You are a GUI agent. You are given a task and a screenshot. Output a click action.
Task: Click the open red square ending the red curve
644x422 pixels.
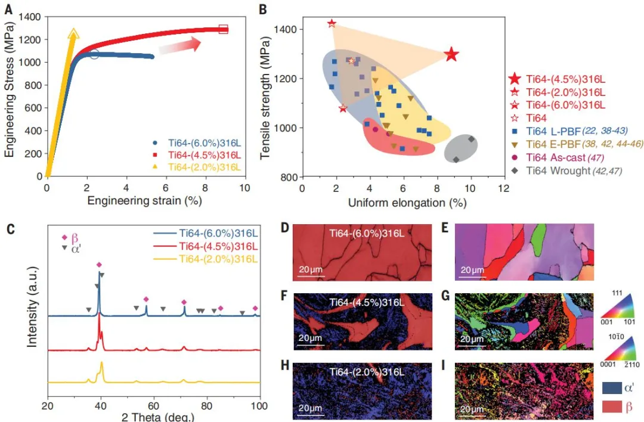224,29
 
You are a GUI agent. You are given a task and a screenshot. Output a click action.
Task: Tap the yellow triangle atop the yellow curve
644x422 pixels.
74,34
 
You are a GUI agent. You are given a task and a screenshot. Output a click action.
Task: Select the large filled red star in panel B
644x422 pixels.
451,55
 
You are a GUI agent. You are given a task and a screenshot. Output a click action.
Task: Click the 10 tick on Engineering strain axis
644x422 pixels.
244,187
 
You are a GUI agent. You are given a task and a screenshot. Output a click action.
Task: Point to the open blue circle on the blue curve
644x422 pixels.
94,54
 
